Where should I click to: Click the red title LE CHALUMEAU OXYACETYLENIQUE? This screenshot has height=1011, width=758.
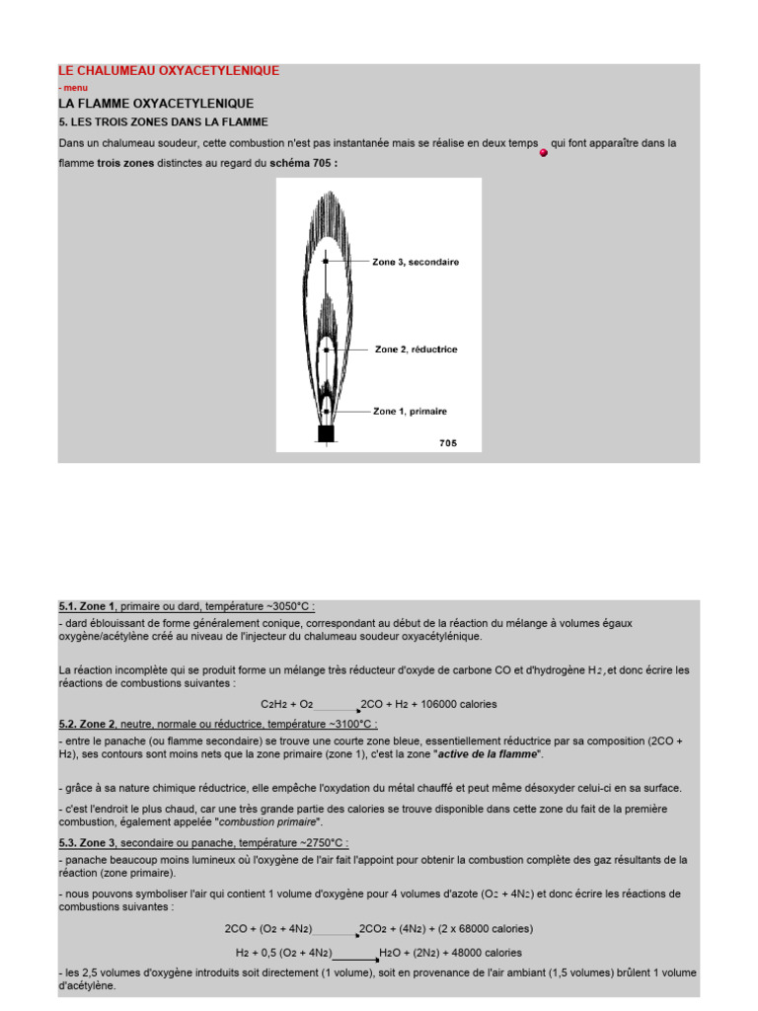pos(169,71)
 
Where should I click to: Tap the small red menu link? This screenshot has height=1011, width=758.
pos(73,88)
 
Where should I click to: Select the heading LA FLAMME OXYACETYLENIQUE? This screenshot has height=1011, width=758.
pos(156,104)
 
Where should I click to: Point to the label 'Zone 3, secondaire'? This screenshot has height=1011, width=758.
pos(415,262)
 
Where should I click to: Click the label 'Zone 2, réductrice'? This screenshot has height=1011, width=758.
pos(416,350)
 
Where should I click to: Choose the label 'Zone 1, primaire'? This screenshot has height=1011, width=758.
pos(410,411)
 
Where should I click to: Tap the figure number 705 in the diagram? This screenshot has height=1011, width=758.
pos(448,443)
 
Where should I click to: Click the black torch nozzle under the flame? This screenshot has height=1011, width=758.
pos(326,433)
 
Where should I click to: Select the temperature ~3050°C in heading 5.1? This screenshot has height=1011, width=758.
pos(271,606)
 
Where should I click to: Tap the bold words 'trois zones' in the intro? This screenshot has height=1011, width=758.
pos(125,163)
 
